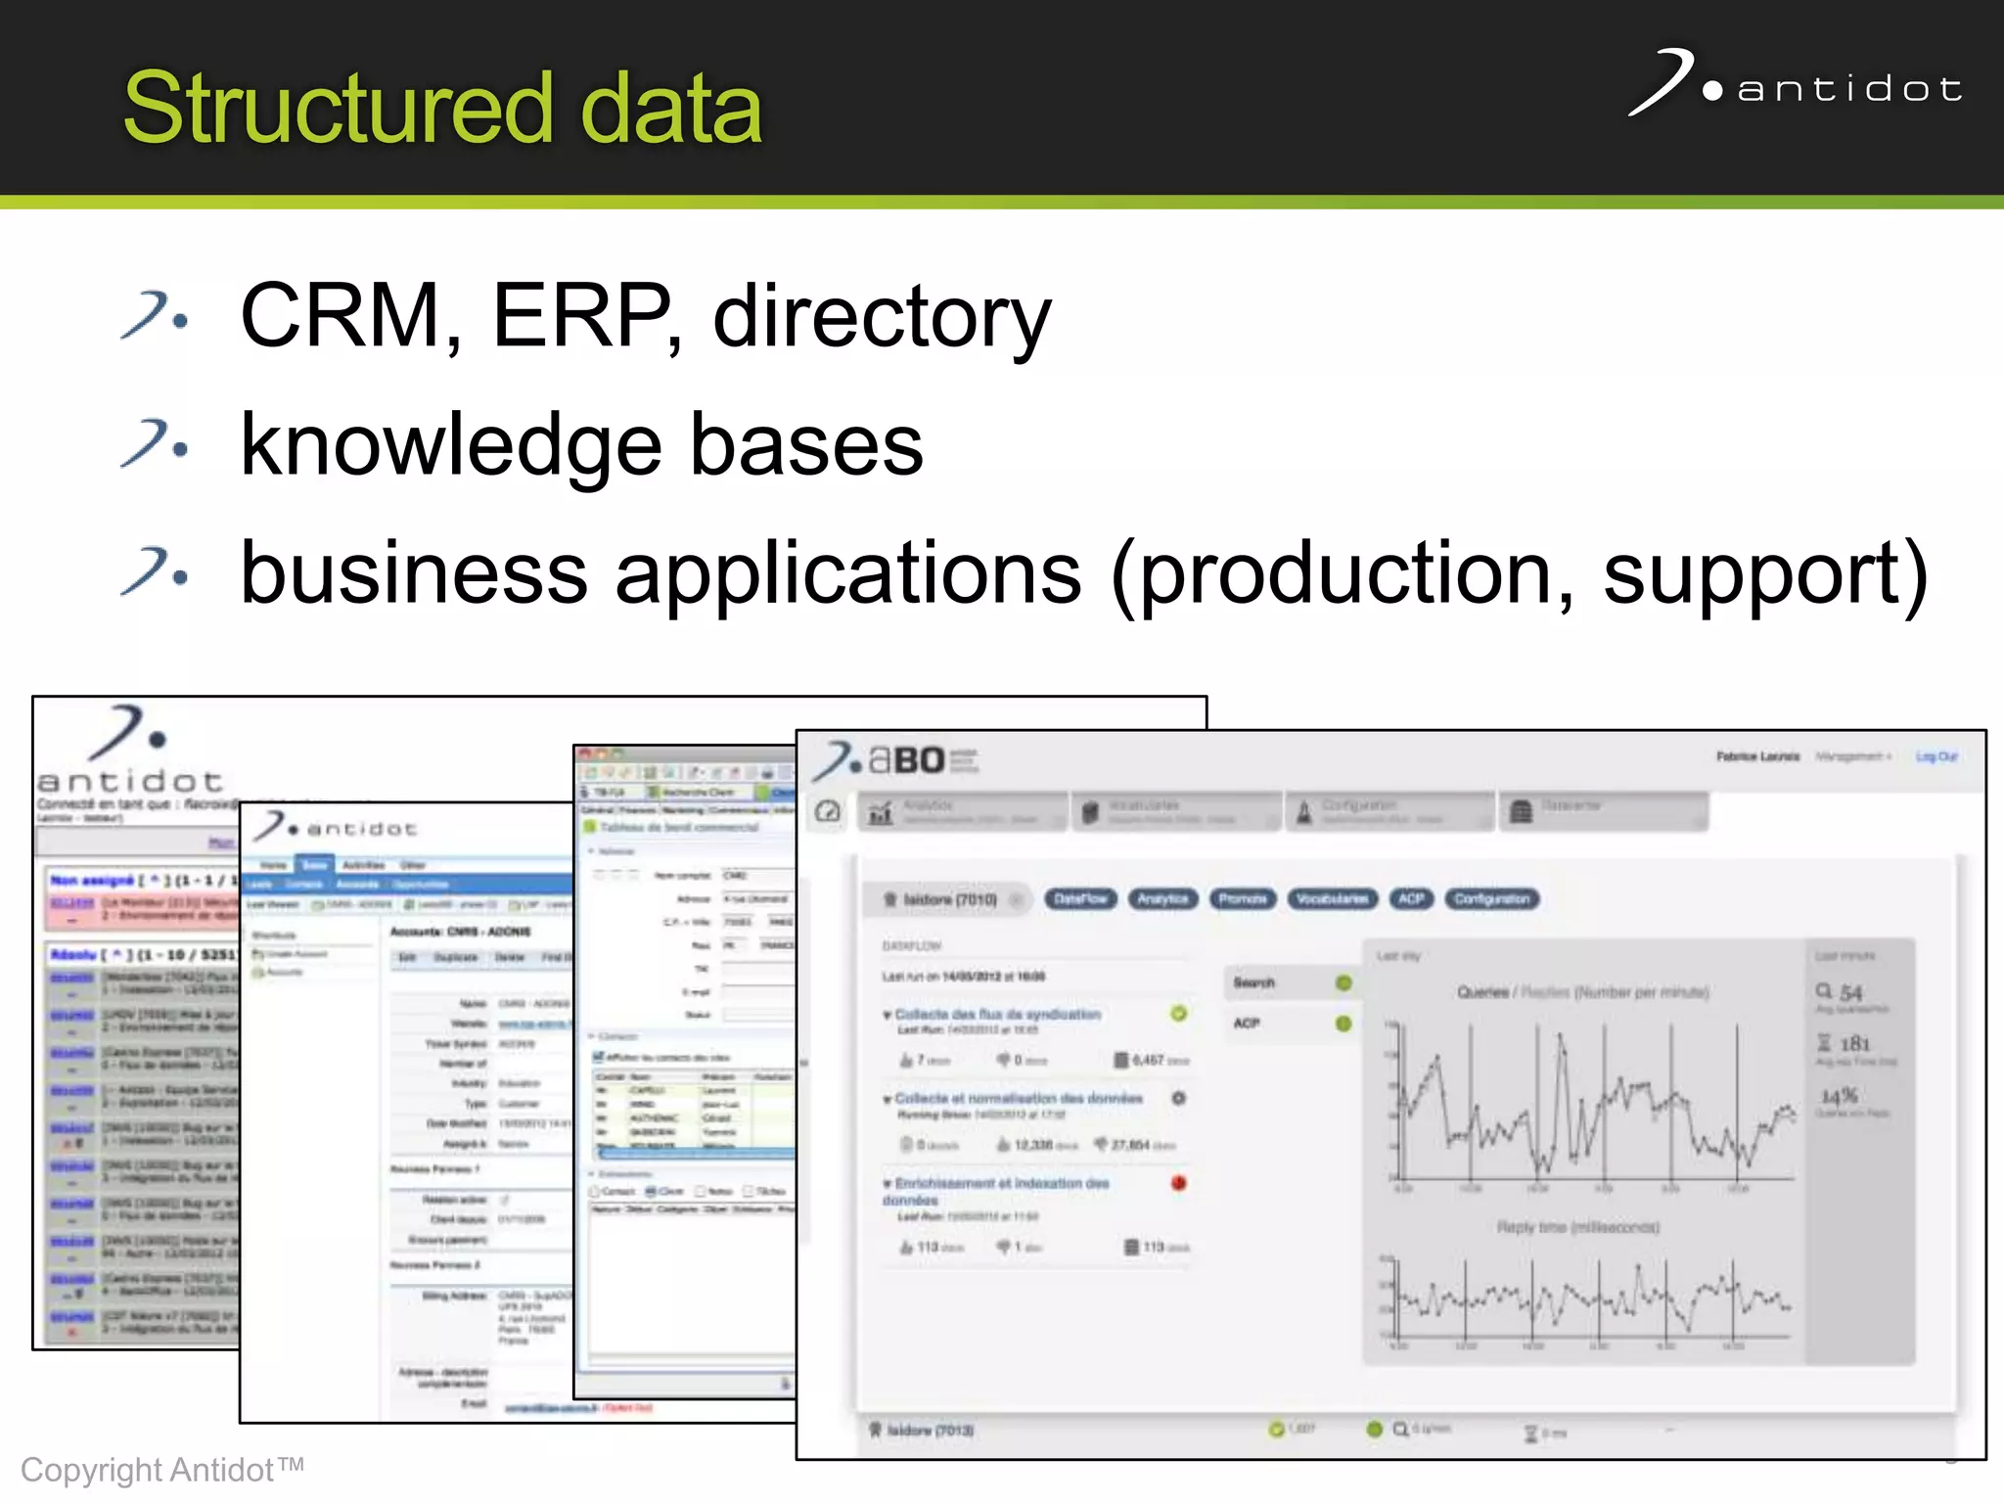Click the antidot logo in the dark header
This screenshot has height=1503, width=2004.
(1797, 85)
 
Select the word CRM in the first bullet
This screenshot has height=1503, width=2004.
(340, 315)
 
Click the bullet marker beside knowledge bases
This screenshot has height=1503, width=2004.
(155, 445)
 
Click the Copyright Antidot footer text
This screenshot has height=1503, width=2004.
(162, 1470)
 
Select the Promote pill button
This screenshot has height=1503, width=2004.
(1243, 898)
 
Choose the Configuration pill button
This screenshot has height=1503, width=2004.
(1491, 898)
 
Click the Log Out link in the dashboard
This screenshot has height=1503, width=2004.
(1936, 756)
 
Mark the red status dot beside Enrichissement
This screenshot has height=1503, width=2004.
(1179, 1183)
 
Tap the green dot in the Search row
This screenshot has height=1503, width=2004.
(1344, 982)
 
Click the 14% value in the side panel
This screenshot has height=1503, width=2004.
(1839, 1096)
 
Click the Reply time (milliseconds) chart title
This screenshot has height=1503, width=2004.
(1577, 1227)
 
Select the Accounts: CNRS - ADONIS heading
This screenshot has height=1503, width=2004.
(460, 932)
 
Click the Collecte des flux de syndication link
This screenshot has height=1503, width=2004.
(998, 1015)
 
